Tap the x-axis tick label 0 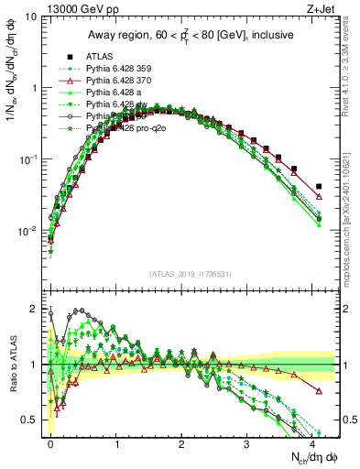pyautogui.click(x=51, y=442)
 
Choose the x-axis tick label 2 pyautogui.click(x=183, y=442)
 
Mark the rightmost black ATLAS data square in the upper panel pyautogui.click(x=318, y=187)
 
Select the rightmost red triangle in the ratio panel pyautogui.click(x=318, y=390)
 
